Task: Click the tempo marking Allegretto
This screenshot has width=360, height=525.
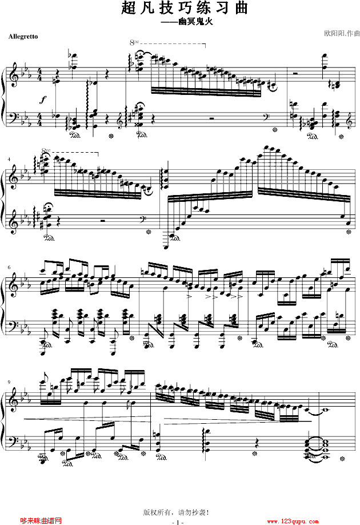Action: pos(23,37)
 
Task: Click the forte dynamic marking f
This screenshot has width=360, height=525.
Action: pos(43,100)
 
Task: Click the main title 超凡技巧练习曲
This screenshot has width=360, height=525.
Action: pos(185,7)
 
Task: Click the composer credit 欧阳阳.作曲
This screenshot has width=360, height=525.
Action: pos(342,33)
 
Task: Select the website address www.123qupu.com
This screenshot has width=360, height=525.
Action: pos(293,522)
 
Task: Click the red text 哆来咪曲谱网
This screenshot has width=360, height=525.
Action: pos(41,520)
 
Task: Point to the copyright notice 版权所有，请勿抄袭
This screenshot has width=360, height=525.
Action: pos(175,512)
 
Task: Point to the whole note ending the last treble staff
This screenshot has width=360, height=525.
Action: pos(321,409)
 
